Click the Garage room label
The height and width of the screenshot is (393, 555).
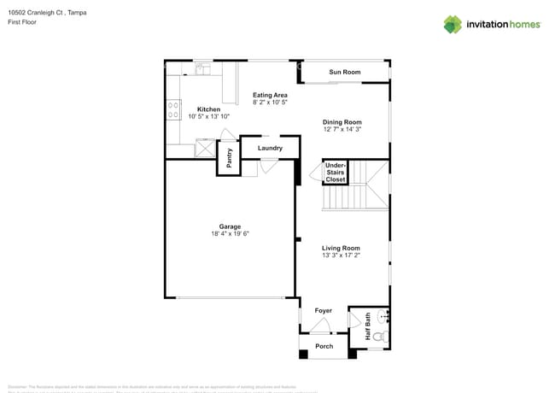(x=229, y=226)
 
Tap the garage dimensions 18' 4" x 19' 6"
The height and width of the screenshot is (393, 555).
(x=229, y=233)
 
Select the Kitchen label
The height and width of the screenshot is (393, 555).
(x=208, y=109)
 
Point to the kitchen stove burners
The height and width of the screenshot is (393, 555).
(x=173, y=109)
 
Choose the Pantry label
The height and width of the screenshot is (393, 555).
(x=229, y=158)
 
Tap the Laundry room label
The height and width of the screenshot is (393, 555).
(x=270, y=149)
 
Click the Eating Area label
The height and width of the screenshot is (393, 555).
(x=270, y=95)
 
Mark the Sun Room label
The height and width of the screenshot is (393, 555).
(x=345, y=73)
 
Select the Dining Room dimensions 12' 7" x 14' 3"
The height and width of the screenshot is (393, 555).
(x=342, y=130)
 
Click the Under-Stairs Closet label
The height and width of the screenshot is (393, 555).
(x=335, y=173)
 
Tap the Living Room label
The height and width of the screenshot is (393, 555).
(x=341, y=248)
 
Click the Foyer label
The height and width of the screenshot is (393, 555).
(x=323, y=311)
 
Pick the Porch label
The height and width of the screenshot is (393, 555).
(x=324, y=346)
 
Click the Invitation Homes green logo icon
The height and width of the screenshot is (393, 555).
(x=453, y=25)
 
